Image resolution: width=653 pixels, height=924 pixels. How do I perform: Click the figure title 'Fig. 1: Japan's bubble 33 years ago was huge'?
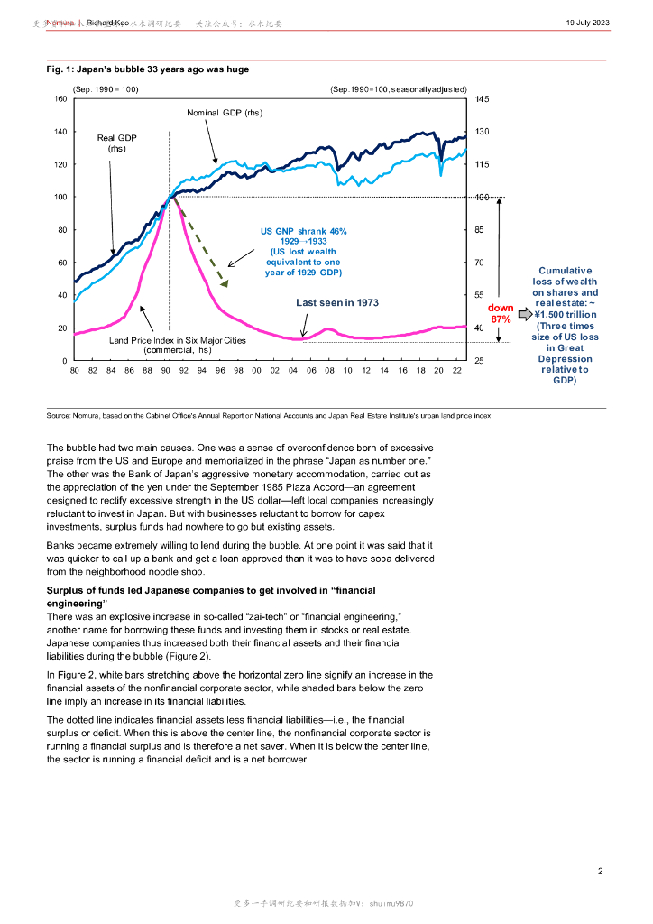pos(148,69)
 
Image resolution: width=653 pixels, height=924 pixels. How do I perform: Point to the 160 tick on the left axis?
pos(61,99)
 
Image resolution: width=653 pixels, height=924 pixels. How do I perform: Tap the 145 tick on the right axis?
pos(483,99)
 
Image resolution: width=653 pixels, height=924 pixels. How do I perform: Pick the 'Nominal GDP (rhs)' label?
pos(225,113)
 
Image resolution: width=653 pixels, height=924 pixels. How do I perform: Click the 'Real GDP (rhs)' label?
pos(116,143)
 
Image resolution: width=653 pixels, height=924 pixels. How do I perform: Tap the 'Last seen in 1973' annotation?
pos(337,303)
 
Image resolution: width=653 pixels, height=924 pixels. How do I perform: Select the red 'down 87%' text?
pos(501,313)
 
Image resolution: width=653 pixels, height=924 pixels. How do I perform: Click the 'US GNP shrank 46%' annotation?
pos(303,231)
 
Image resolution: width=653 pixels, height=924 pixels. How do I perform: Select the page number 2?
pos(600,871)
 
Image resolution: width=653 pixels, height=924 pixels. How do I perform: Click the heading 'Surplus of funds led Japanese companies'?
pos(211,590)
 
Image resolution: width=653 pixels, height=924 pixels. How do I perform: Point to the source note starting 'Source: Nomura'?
pos(268,414)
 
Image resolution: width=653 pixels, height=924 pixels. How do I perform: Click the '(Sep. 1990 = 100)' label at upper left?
pos(106,89)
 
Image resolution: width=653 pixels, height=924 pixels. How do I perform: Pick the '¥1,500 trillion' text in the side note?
pos(565,315)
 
